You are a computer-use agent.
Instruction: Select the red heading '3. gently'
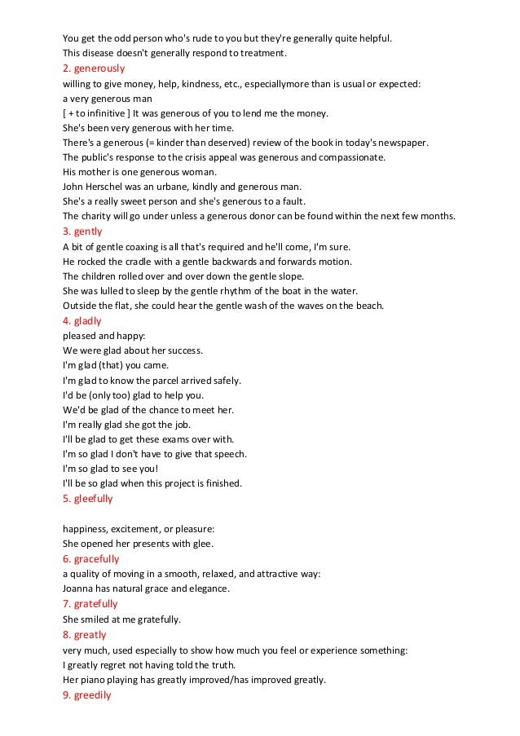point(84,231)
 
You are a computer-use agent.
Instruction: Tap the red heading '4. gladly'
point(82,320)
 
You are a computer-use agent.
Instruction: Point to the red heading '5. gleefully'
point(88,498)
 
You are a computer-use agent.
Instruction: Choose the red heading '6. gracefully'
point(90,559)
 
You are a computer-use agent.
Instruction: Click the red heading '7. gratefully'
point(90,604)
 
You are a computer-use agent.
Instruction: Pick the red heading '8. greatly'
point(85,634)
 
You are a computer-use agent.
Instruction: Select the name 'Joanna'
point(80,589)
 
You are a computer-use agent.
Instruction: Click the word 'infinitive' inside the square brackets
point(105,112)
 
